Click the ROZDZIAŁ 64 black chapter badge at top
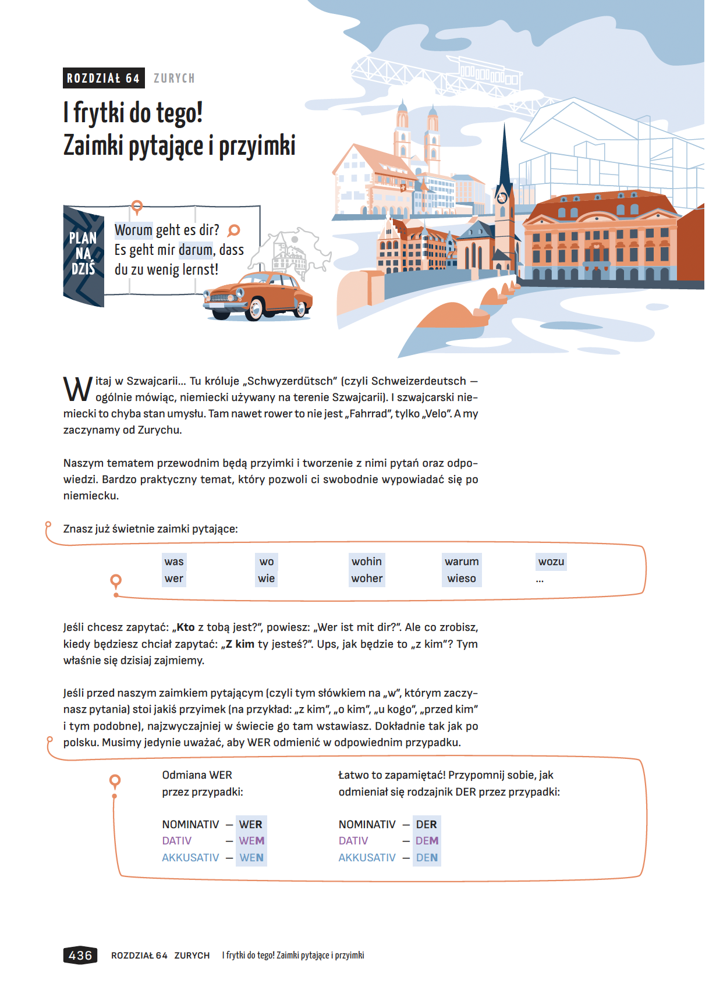click(x=103, y=78)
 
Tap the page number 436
click(x=80, y=955)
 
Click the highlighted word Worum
click(x=133, y=230)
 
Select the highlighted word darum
click(x=196, y=250)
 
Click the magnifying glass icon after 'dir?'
click(x=233, y=230)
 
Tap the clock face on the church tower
click(x=502, y=198)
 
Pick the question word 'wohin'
click(x=367, y=562)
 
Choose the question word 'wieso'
click(x=462, y=578)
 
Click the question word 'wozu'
click(x=551, y=562)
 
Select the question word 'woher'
click(x=367, y=578)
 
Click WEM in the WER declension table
click(x=251, y=841)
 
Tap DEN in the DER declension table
click(x=427, y=858)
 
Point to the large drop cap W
click(x=77, y=389)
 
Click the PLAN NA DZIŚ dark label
click(x=83, y=254)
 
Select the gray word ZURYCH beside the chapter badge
click(x=174, y=79)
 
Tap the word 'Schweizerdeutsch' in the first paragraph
click(x=419, y=381)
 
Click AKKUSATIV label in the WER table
click(x=190, y=858)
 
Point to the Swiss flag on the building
click(x=403, y=188)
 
